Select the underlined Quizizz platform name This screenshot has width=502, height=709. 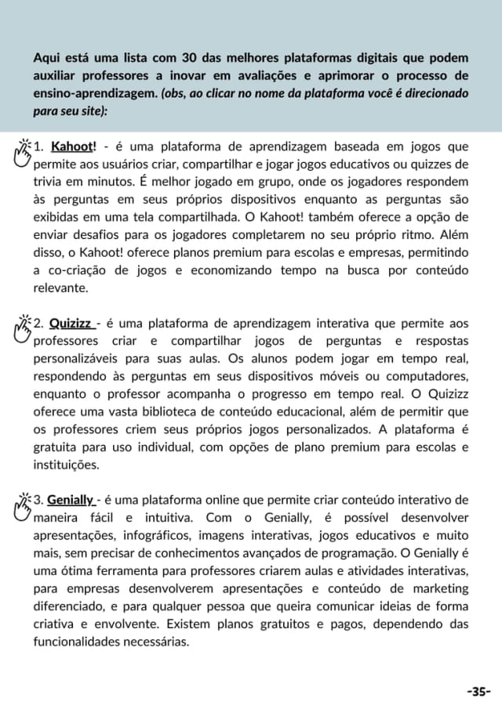(73, 324)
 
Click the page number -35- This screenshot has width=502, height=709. (478, 692)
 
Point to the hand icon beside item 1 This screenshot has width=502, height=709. (23, 150)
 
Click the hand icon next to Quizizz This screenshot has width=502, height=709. (23, 327)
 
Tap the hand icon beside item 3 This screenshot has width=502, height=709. (23, 503)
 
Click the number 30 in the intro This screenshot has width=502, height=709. (189, 59)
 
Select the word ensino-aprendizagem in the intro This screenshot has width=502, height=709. (96, 93)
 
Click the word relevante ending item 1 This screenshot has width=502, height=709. (60, 288)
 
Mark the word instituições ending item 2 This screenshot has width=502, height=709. (66, 465)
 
